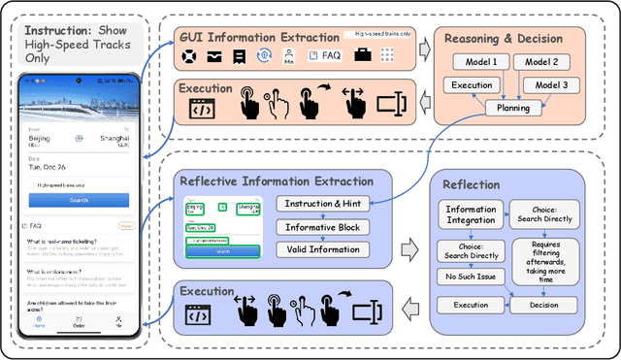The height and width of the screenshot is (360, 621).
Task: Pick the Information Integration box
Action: pos(471,214)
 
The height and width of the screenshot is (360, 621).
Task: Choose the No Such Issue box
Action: pos(470,277)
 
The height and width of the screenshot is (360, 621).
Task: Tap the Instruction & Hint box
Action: pos(318,204)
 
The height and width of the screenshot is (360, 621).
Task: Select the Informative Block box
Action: pos(318,227)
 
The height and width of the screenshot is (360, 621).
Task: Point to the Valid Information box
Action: pos(318,249)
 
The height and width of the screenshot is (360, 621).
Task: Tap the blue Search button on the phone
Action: pos(79,200)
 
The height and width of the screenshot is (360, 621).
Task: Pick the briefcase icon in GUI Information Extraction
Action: pos(362,57)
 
